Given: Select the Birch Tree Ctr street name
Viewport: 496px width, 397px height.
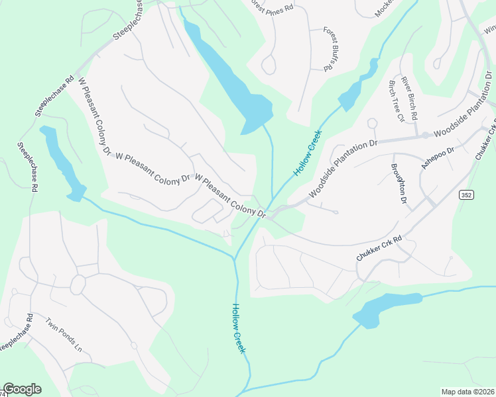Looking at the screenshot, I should click(x=396, y=101).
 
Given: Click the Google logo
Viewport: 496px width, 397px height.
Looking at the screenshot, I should click(x=22, y=389).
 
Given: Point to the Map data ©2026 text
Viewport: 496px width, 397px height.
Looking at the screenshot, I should click(x=467, y=392).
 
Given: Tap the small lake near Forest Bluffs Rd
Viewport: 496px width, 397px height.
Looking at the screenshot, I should click(x=358, y=85).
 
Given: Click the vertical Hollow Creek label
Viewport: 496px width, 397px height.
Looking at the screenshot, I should click(x=239, y=328).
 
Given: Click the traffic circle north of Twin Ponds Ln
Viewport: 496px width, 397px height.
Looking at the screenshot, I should click(x=78, y=285).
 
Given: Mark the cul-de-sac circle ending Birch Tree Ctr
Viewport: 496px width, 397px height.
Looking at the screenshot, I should click(x=372, y=123).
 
